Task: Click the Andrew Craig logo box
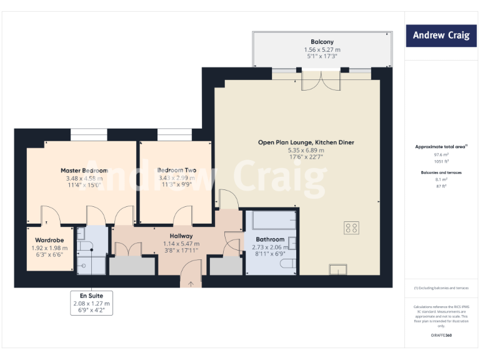pos(441,36)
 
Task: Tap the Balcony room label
pos(322,42)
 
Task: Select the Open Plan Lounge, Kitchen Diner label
pos(306,142)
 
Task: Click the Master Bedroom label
pos(84,170)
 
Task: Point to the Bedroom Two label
pos(177,170)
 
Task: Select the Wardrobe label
pos(51,239)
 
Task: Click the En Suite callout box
pos(92,303)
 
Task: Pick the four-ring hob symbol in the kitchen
pos(351,228)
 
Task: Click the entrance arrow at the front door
pos(191,283)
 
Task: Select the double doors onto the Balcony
pos(322,80)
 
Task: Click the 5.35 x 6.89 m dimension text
pos(306,151)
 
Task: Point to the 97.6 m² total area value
pos(442,154)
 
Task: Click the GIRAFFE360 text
pos(441,336)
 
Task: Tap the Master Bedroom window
pos(88,134)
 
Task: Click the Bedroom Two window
pos(170,134)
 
